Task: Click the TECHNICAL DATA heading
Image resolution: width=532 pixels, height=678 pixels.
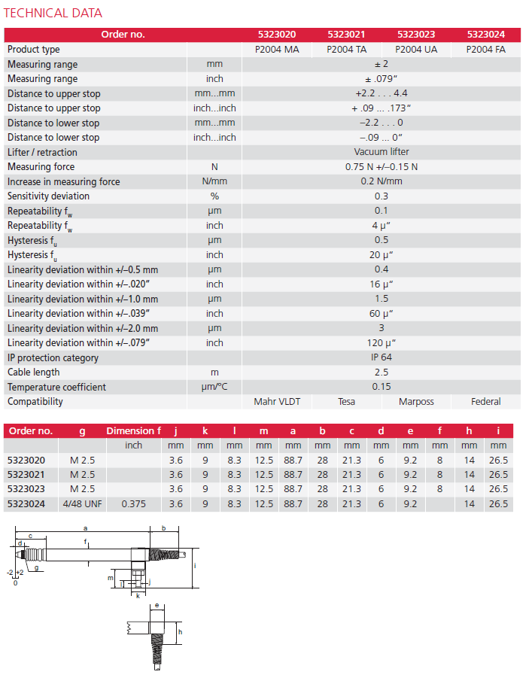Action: point(53,13)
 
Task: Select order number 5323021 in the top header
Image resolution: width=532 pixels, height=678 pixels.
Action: point(346,35)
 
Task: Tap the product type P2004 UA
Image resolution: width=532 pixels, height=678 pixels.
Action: point(416,50)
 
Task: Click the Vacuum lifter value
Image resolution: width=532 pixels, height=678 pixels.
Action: point(381,152)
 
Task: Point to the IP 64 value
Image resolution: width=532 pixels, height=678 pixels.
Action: point(381,357)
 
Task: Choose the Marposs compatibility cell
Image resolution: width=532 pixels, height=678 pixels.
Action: point(416,402)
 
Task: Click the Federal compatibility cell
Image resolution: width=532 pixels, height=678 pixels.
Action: point(485,402)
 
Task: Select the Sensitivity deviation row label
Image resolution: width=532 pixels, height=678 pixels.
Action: point(48,196)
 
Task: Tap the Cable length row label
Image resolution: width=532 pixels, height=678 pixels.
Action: point(34,372)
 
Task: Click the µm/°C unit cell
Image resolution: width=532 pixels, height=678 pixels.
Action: point(214,387)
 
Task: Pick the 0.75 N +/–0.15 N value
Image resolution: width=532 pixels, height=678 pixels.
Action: point(381,167)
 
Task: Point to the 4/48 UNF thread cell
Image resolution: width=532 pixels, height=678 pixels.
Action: point(82,504)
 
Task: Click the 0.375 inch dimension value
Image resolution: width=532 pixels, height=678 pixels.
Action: point(133,504)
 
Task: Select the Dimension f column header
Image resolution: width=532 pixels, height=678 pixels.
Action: point(133,431)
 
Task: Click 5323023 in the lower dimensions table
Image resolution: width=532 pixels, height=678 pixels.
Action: point(26,489)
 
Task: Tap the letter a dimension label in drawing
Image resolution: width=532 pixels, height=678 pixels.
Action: point(85,529)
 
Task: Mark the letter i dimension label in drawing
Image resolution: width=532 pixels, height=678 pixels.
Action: point(194,565)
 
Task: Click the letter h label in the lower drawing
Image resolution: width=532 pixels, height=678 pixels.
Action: point(180,633)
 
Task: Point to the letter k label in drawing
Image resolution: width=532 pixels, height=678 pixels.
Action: point(138,595)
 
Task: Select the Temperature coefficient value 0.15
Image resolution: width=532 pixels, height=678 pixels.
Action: point(381,387)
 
